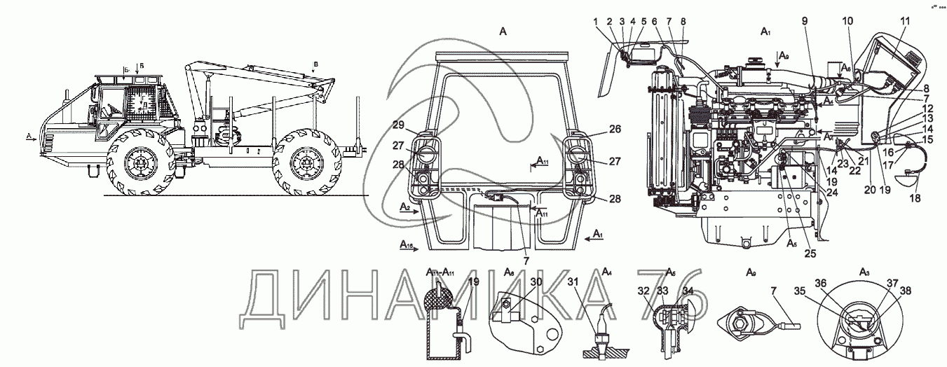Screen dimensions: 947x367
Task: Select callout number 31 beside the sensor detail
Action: (573, 282)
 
